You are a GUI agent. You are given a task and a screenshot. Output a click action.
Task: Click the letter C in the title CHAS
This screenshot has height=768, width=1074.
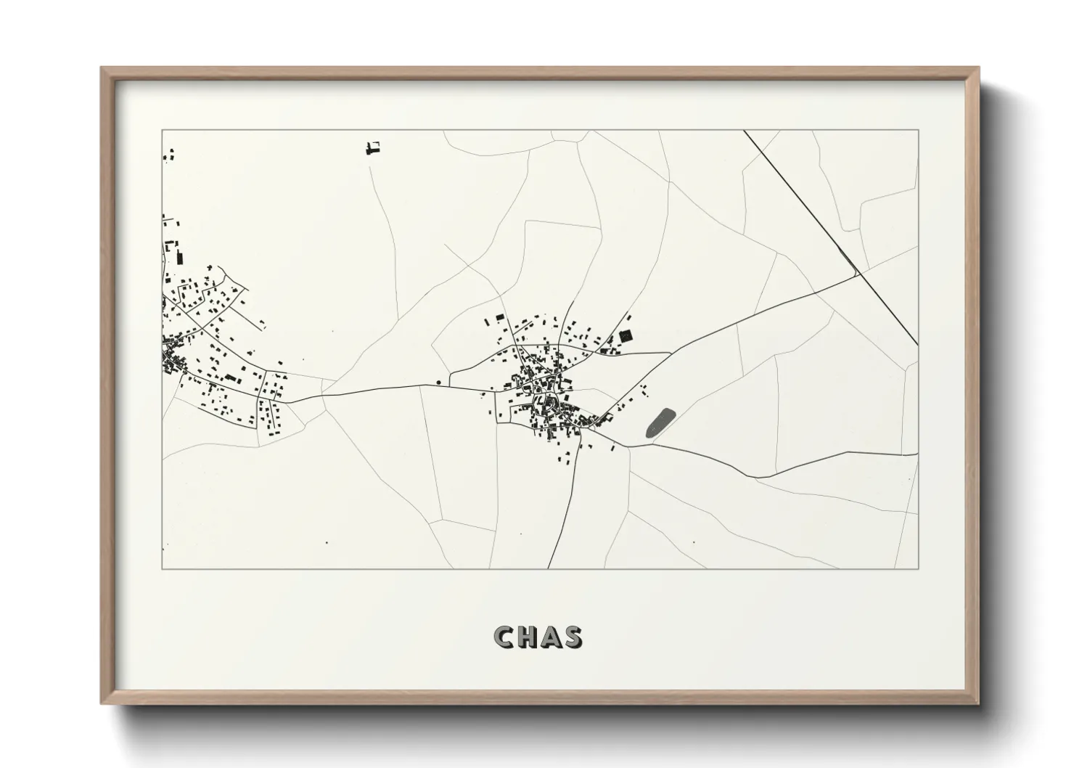coord(504,637)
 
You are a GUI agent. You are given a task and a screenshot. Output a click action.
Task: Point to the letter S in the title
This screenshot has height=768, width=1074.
coord(572,637)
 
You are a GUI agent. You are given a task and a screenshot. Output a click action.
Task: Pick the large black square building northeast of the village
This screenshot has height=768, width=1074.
coord(626,335)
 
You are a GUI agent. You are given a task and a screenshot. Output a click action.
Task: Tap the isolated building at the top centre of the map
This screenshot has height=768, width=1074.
coord(374,149)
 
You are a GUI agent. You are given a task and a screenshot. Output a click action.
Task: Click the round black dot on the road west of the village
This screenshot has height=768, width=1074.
coord(439,383)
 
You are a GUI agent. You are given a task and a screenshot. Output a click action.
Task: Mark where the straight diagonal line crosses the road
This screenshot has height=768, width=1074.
coord(858,274)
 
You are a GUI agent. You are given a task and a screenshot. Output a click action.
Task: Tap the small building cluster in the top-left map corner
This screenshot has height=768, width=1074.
coord(171,154)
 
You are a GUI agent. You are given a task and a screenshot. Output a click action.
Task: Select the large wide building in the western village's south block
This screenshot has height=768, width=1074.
coord(231,378)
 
